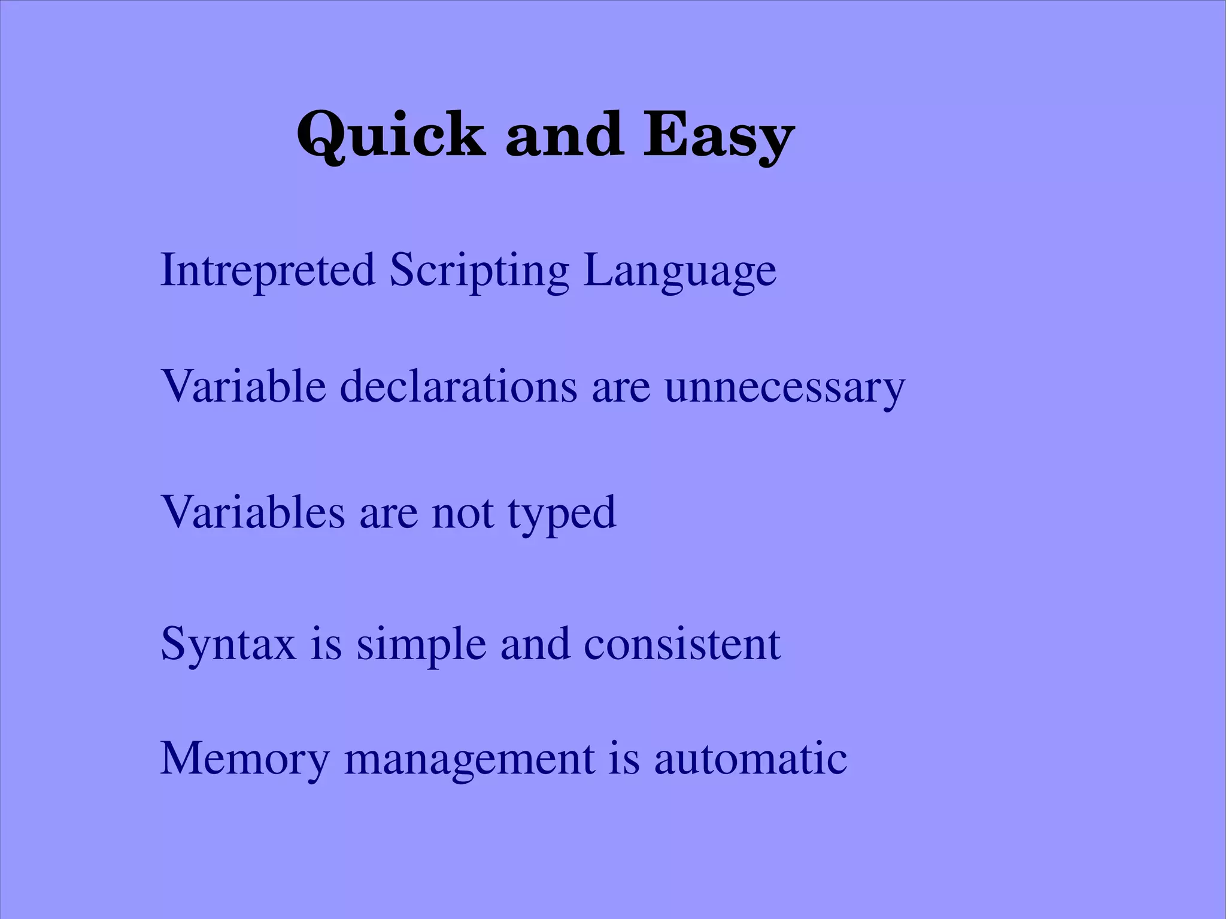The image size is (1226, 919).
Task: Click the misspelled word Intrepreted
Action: pos(268,270)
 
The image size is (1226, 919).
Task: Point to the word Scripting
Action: pos(479,271)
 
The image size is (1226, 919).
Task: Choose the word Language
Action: pos(679,271)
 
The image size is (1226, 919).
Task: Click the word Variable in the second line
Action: pos(243,386)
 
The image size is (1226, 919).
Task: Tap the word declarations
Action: pos(459,386)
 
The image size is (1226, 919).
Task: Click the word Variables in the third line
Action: pos(253,512)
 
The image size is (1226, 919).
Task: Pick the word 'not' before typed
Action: pos(463,514)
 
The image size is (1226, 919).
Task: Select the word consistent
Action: pos(682,644)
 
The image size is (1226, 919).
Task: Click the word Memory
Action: pos(245,759)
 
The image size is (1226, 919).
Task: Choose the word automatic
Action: pos(750,759)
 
